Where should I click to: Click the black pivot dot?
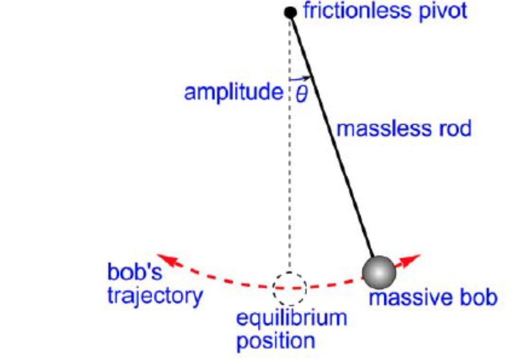tap(290, 12)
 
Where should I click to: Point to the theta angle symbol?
tap(301, 93)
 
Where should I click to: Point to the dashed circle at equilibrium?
tap(289, 288)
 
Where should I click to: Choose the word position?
tap(276, 341)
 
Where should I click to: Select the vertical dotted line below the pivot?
tap(290, 171)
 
